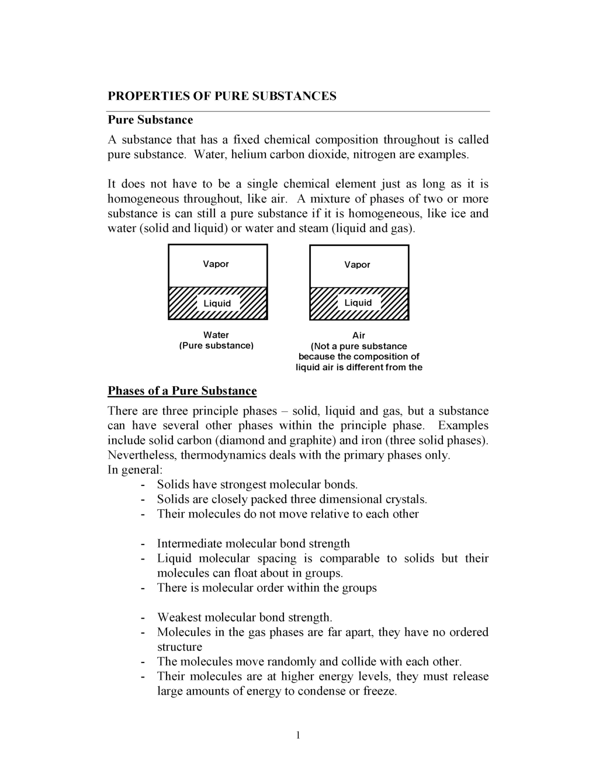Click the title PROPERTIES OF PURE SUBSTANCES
(222, 96)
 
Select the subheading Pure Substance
(150, 120)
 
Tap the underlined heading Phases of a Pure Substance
(182, 391)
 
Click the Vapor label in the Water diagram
(216, 264)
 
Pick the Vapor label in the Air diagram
(357, 265)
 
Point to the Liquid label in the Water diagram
(217, 303)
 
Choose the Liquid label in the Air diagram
(358, 303)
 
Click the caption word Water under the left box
(216, 335)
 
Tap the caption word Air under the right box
(359, 335)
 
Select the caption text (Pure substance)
(216, 346)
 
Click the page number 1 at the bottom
(298, 735)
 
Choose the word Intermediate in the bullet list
(189, 544)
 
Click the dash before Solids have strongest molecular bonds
(143, 485)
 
